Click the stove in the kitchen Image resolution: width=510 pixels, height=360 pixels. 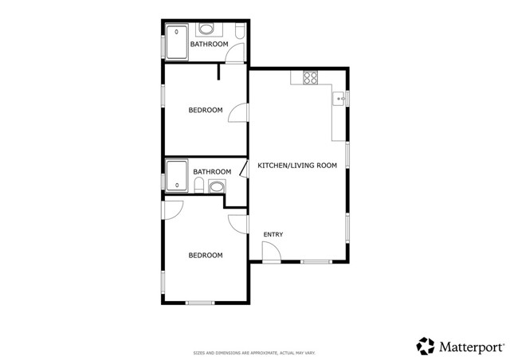point(310,78)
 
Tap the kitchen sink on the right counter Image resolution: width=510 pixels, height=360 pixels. point(338,99)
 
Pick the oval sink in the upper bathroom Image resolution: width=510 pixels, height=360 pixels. point(207,29)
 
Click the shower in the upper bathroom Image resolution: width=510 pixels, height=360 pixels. point(175,41)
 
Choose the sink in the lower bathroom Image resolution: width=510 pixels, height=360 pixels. point(215,186)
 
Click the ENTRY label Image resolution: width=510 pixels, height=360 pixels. point(273,234)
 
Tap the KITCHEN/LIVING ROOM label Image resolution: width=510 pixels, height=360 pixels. point(297,166)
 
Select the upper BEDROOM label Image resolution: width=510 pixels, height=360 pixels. point(205,110)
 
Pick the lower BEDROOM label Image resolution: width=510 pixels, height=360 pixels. point(205,255)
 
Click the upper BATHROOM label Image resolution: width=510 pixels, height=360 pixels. point(210,45)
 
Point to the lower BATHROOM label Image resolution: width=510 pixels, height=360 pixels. point(212,171)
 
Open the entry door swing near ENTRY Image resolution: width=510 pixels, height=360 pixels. point(271,252)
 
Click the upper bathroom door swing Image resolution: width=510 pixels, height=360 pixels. point(234,53)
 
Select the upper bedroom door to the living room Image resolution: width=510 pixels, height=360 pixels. point(238,112)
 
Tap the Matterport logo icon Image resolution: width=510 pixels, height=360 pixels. point(426,345)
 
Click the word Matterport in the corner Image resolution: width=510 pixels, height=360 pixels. point(471,346)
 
